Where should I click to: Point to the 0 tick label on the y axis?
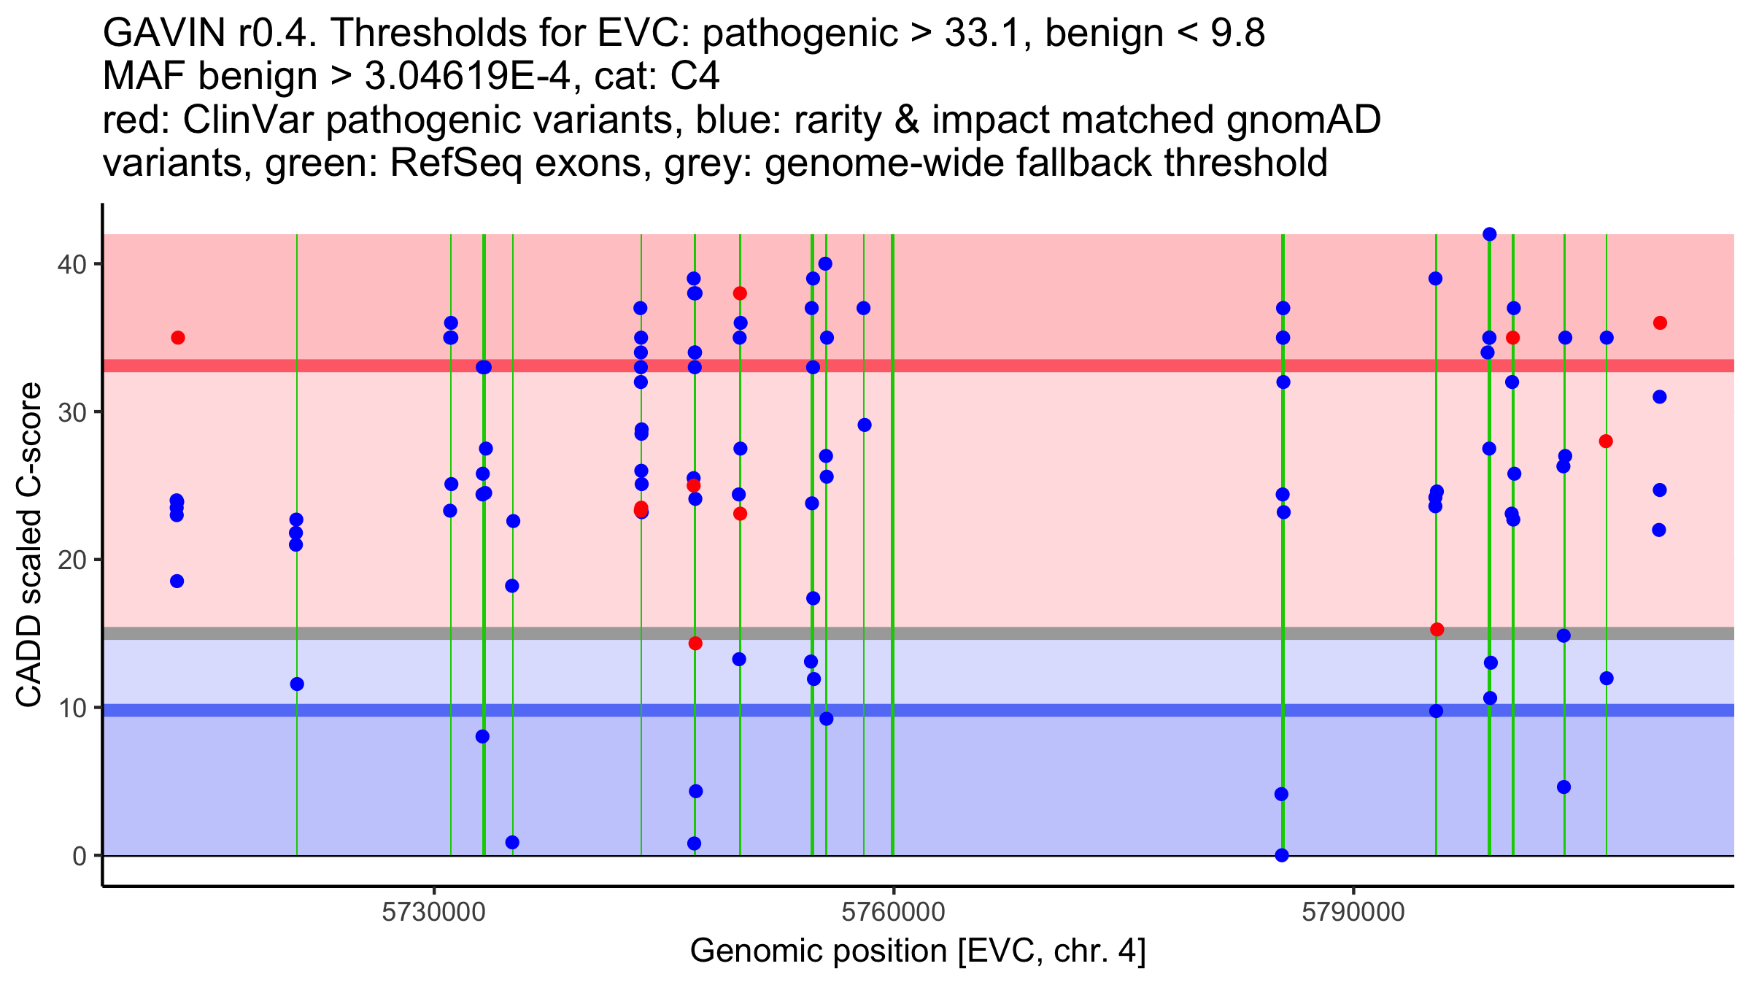[80, 856]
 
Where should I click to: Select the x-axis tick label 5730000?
[434, 912]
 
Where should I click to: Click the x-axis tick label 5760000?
[894, 912]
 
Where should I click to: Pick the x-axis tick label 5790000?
[1353, 912]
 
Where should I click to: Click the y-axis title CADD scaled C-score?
[29, 545]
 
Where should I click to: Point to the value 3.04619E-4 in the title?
[467, 77]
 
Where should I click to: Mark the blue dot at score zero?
[1282, 855]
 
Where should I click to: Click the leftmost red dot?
[178, 338]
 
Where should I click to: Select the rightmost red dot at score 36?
[1660, 323]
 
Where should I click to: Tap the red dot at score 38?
[740, 293]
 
